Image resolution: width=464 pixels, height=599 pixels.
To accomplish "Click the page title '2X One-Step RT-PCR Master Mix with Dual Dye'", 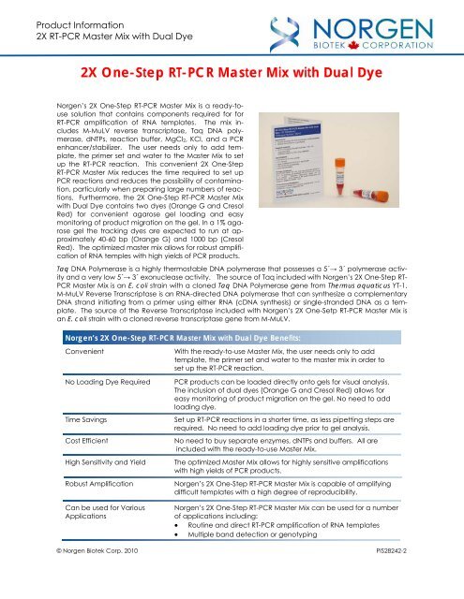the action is coord(232,73).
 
